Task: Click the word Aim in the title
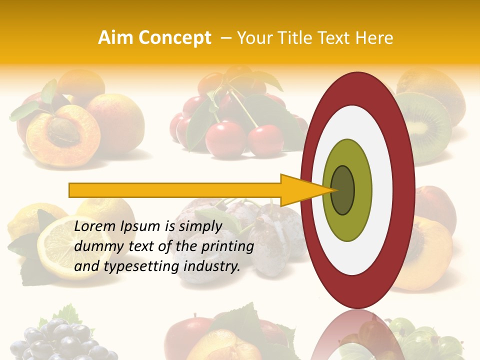pos(116,38)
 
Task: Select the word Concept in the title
pos(175,38)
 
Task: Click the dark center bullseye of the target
pos(343,190)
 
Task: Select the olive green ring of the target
pos(347,220)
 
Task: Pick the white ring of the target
pos(357,255)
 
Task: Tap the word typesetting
pos(135,267)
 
